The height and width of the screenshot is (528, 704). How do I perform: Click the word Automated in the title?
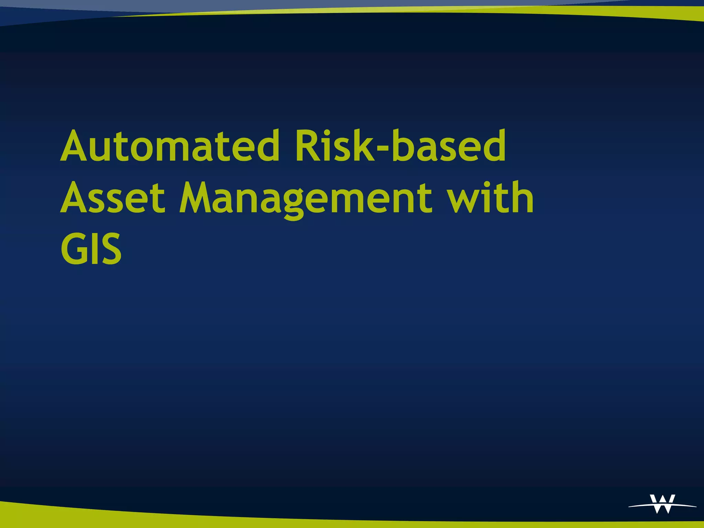(x=170, y=146)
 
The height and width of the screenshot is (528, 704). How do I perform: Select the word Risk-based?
(x=400, y=146)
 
